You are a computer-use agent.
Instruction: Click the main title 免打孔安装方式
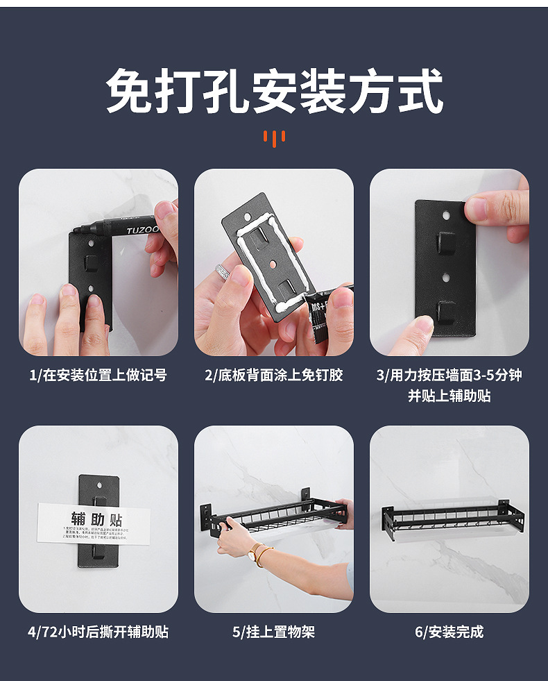pos(274,91)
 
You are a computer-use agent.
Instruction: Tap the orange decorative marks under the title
pos(274,137)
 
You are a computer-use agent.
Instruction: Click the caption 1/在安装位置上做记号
pos(98,376)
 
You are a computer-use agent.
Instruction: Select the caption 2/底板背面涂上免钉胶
pos(273,376)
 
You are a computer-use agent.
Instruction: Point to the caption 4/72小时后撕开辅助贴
pos(98,632)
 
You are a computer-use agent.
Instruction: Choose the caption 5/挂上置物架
pos(273,632)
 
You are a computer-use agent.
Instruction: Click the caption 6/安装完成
pos(449,632)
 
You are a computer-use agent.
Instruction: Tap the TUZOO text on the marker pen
pos(142,228)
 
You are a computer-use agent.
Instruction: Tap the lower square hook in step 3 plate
pos(446,310)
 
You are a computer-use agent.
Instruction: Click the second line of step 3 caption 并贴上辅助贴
pos(449,396)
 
